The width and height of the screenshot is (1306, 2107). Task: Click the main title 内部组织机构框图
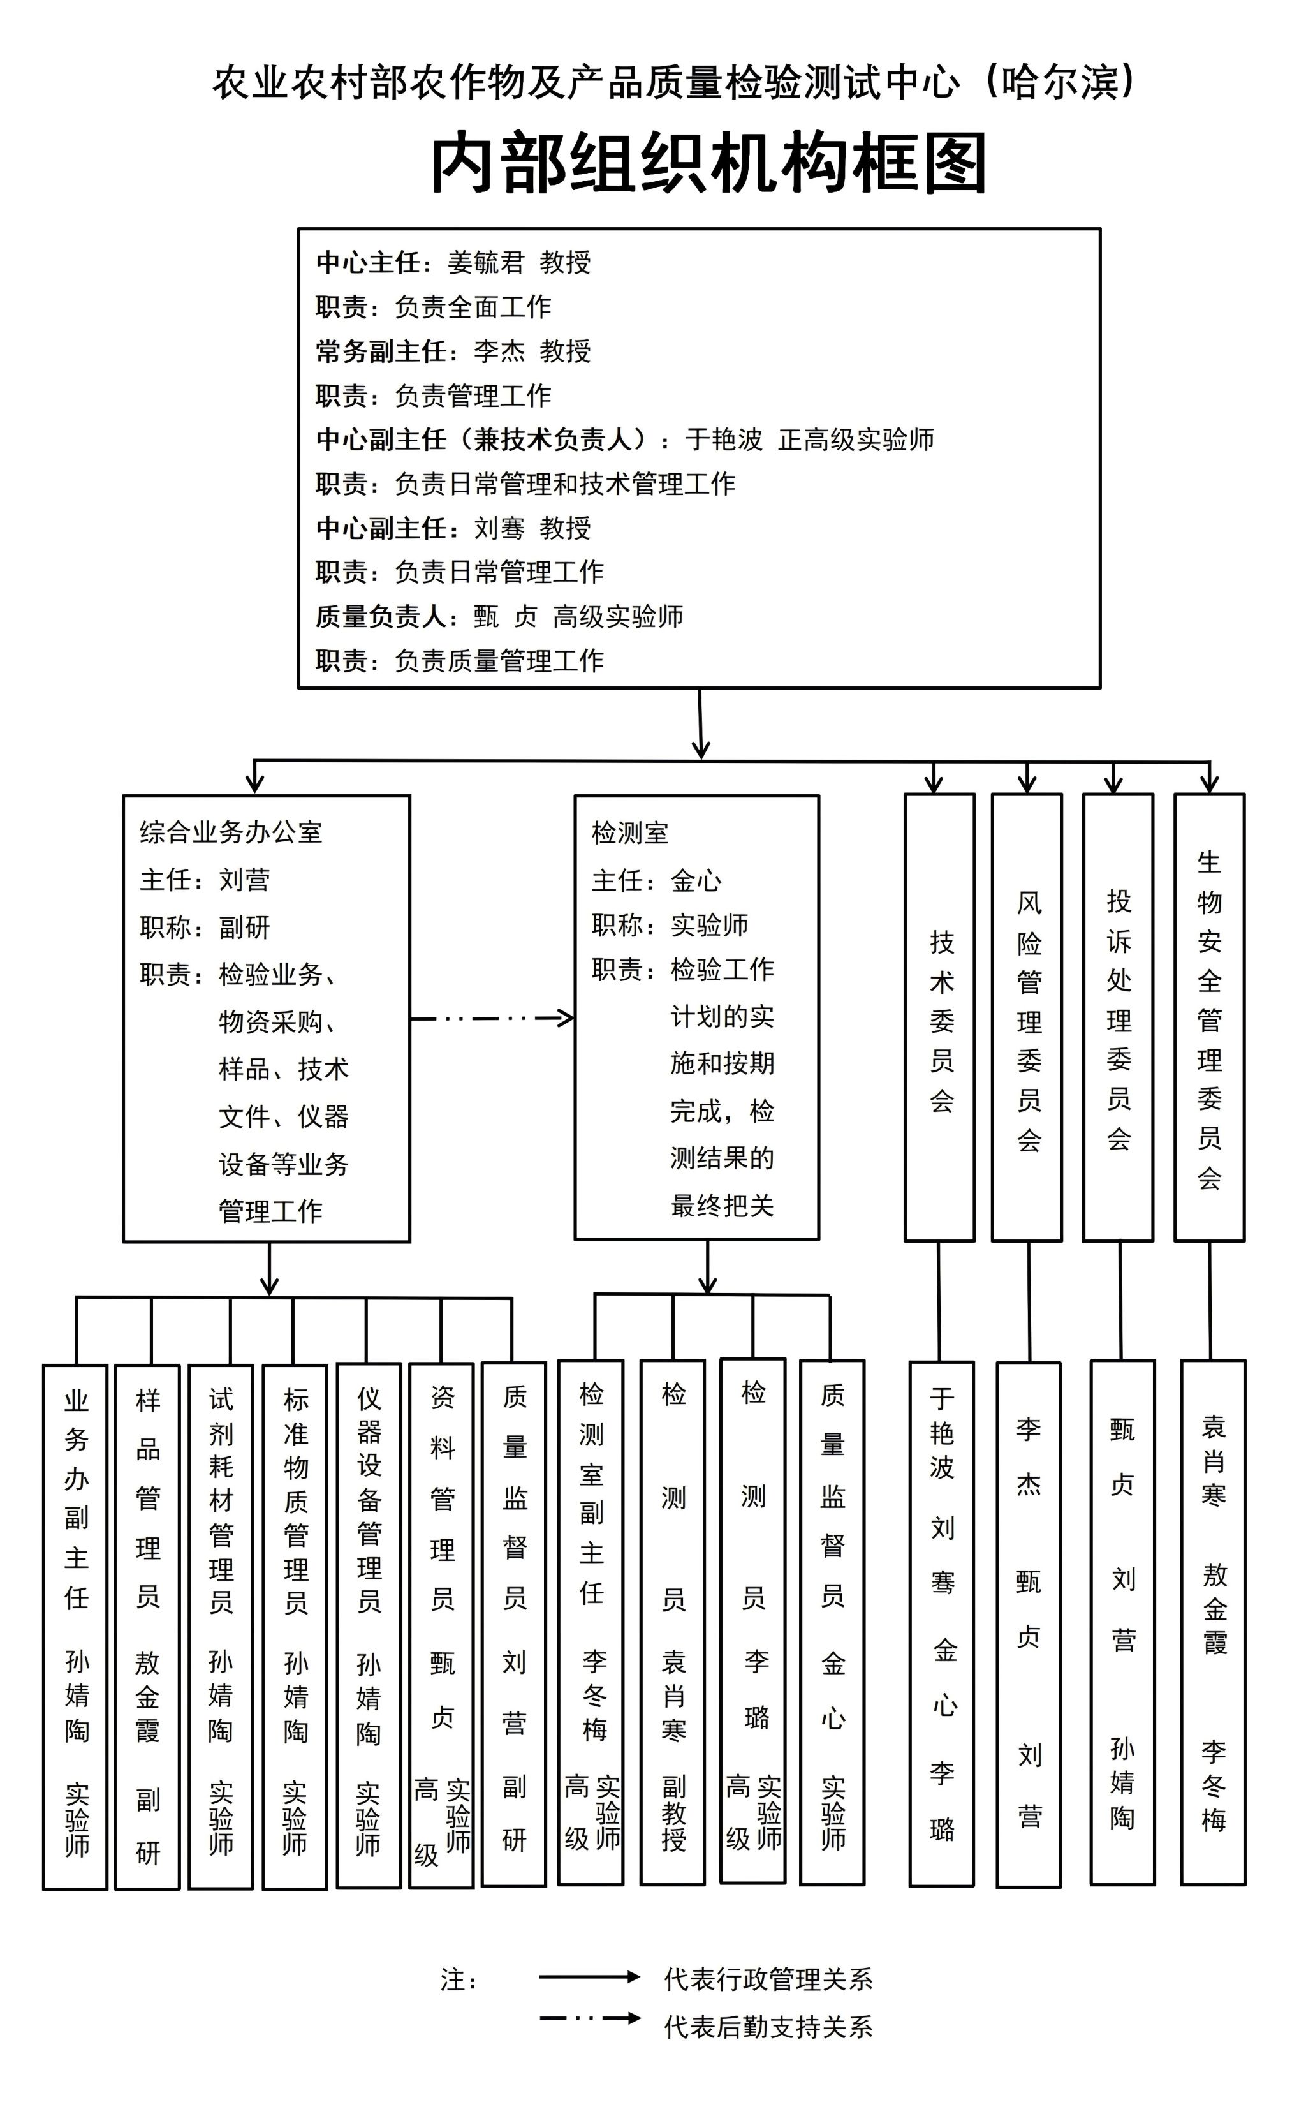708,163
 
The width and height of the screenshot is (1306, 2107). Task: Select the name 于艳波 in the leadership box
724,440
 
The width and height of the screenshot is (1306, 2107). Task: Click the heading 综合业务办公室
231,832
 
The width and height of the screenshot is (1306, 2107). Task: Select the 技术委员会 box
940,1017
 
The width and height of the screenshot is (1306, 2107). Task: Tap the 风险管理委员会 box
1027,1017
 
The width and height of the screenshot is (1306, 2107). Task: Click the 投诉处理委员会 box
1119,1017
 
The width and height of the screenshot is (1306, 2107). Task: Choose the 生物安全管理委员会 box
1209,1017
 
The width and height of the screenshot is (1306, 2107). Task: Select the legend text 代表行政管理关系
768,1979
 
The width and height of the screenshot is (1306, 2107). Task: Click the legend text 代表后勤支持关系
768,2027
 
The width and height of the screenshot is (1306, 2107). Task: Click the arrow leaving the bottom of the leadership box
700,724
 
